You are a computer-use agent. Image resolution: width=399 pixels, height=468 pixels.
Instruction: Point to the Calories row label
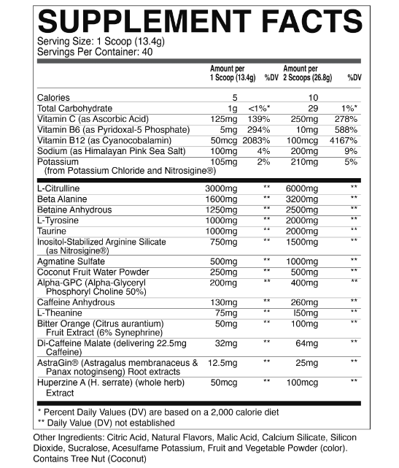tap(52, 98)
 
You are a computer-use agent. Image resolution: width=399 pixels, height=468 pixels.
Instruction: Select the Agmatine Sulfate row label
tap(67, 260)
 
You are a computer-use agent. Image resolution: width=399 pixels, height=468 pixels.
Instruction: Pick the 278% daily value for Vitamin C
tap(349, 118)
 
